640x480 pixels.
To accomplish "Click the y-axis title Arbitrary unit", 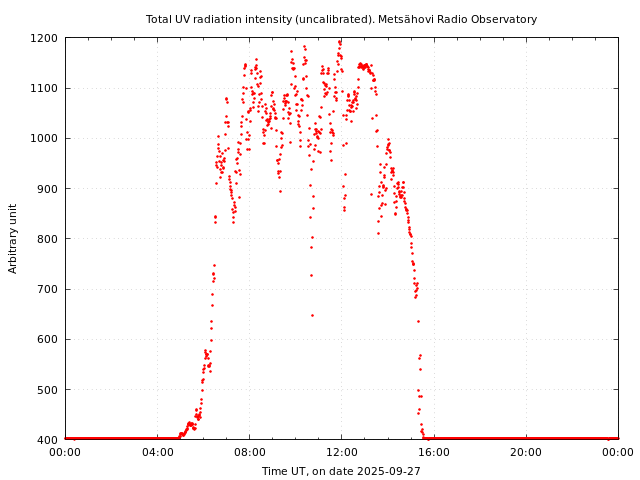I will click(14, 238).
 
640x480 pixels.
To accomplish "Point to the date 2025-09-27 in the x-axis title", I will click(387, 471).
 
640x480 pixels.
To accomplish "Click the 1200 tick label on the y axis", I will click(45, 38).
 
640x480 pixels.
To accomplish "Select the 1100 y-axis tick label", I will click(45, 88).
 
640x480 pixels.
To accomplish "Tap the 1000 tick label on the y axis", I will click(45, 138).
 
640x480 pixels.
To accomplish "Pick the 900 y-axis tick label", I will click(48, 189).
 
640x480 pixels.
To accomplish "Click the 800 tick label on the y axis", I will click(48, 239).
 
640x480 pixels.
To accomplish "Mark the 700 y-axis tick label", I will click(48, 289).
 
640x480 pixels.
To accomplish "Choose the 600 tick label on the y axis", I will click(48, 339).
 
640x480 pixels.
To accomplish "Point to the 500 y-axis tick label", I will click(48, 389).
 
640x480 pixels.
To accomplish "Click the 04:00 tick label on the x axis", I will click(157, 452).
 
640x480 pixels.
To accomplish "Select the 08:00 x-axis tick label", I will click(249, 452).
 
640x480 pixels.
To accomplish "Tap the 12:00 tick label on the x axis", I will click(341, 452).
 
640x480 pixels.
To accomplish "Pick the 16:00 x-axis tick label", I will click(434, 452).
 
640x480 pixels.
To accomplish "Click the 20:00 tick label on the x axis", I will click(526, 452).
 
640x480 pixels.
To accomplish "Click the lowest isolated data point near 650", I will click(312, 315).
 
